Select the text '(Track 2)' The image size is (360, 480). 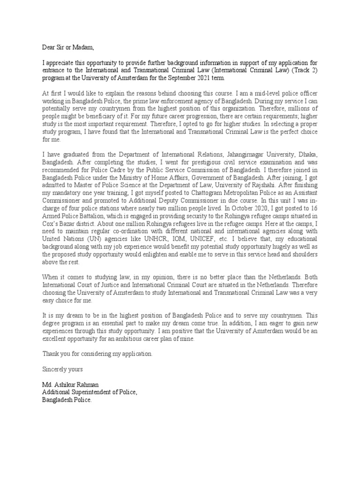[304, 70]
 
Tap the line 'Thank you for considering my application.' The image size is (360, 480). [97, 354]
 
